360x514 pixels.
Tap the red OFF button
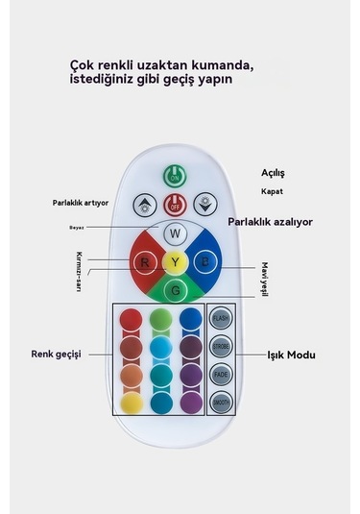pyautogui.click(x=174, y=204)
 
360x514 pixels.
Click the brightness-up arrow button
pyautogui.click(x=144, y=204)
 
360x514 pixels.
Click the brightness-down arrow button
pyautogui.click(x=204, y=204)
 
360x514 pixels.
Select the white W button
pyautogui.click(x=174, y=233)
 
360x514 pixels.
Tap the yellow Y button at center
pyautogui.click(x=174, y=261)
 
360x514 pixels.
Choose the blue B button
pyautogui.click(x=204, y=261)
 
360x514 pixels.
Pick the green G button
pyautogui.click(x=174, y=289)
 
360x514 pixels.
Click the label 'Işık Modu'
pyautogui.click(x=291, y=355)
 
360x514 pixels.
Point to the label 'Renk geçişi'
pyautogui.click(x=60, y=354)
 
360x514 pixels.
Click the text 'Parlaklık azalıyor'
pyautogui.click(x=270, y=222)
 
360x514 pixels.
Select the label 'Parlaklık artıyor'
pyautogui.click(x=81, y=203)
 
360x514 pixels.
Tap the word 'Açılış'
pyautogui.click(x=274, y=173)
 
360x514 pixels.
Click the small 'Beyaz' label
pyautogui.click(x=77, y=228)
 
